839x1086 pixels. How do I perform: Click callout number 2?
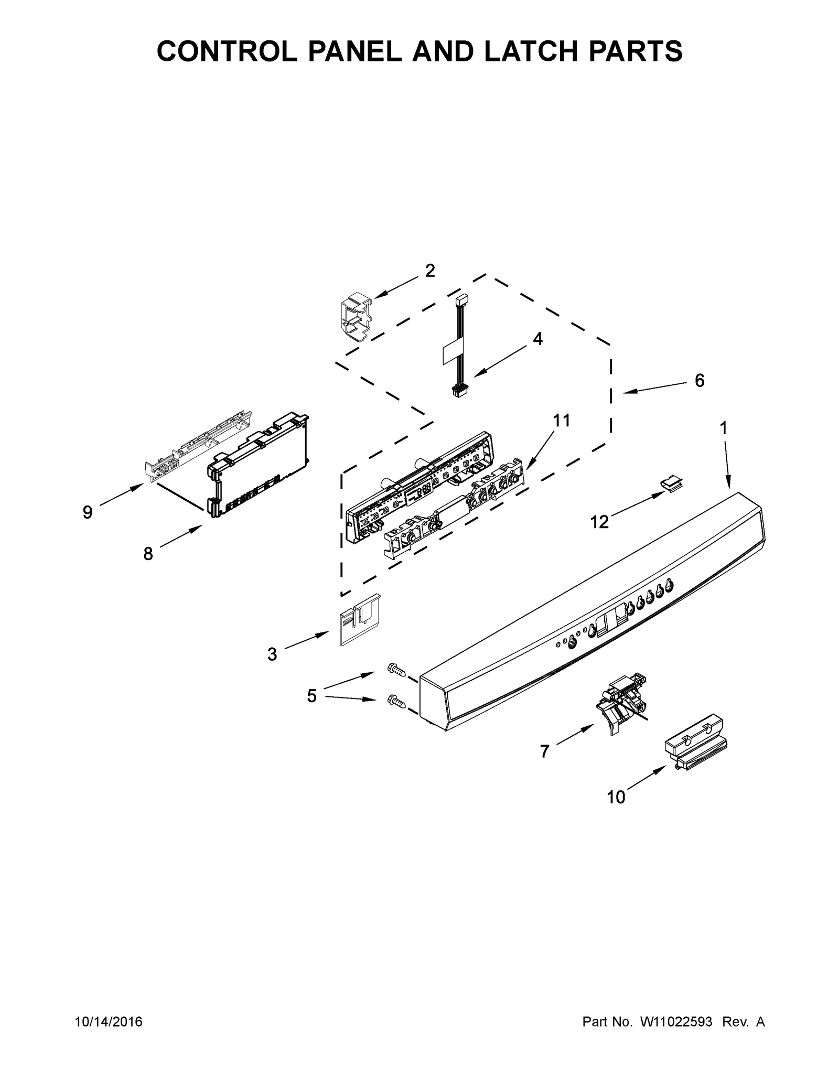point(429,271)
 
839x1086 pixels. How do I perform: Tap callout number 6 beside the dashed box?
point(700,380)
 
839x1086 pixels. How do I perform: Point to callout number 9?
point(88,512)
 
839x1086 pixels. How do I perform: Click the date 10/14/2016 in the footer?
point(109,1036)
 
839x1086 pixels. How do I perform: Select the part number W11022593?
point(675,1036)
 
